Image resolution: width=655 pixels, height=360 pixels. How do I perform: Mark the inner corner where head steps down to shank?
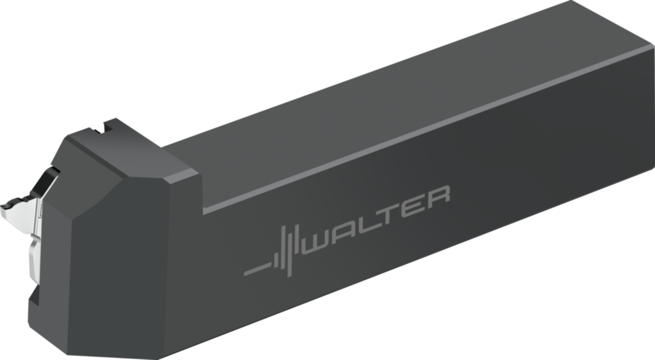click(x=203, y=211)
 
